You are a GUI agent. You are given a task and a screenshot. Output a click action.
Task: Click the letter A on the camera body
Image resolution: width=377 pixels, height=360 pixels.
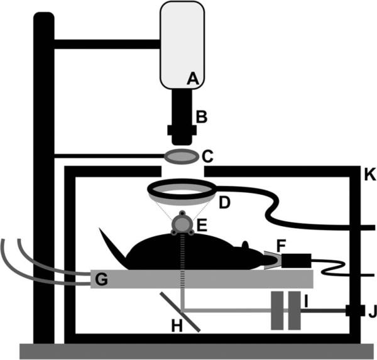click(x=193, y=79)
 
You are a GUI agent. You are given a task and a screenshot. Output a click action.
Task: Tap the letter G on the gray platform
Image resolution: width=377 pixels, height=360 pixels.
click(x=100, y=278)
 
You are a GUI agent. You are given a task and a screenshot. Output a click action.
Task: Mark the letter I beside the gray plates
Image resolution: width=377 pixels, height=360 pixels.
click(x=306, y=303)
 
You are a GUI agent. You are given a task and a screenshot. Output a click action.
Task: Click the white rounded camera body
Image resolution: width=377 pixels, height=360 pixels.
click(x=182, y=44)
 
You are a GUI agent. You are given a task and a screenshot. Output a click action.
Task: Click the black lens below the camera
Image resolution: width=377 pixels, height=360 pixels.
click(x=182, y=113)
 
